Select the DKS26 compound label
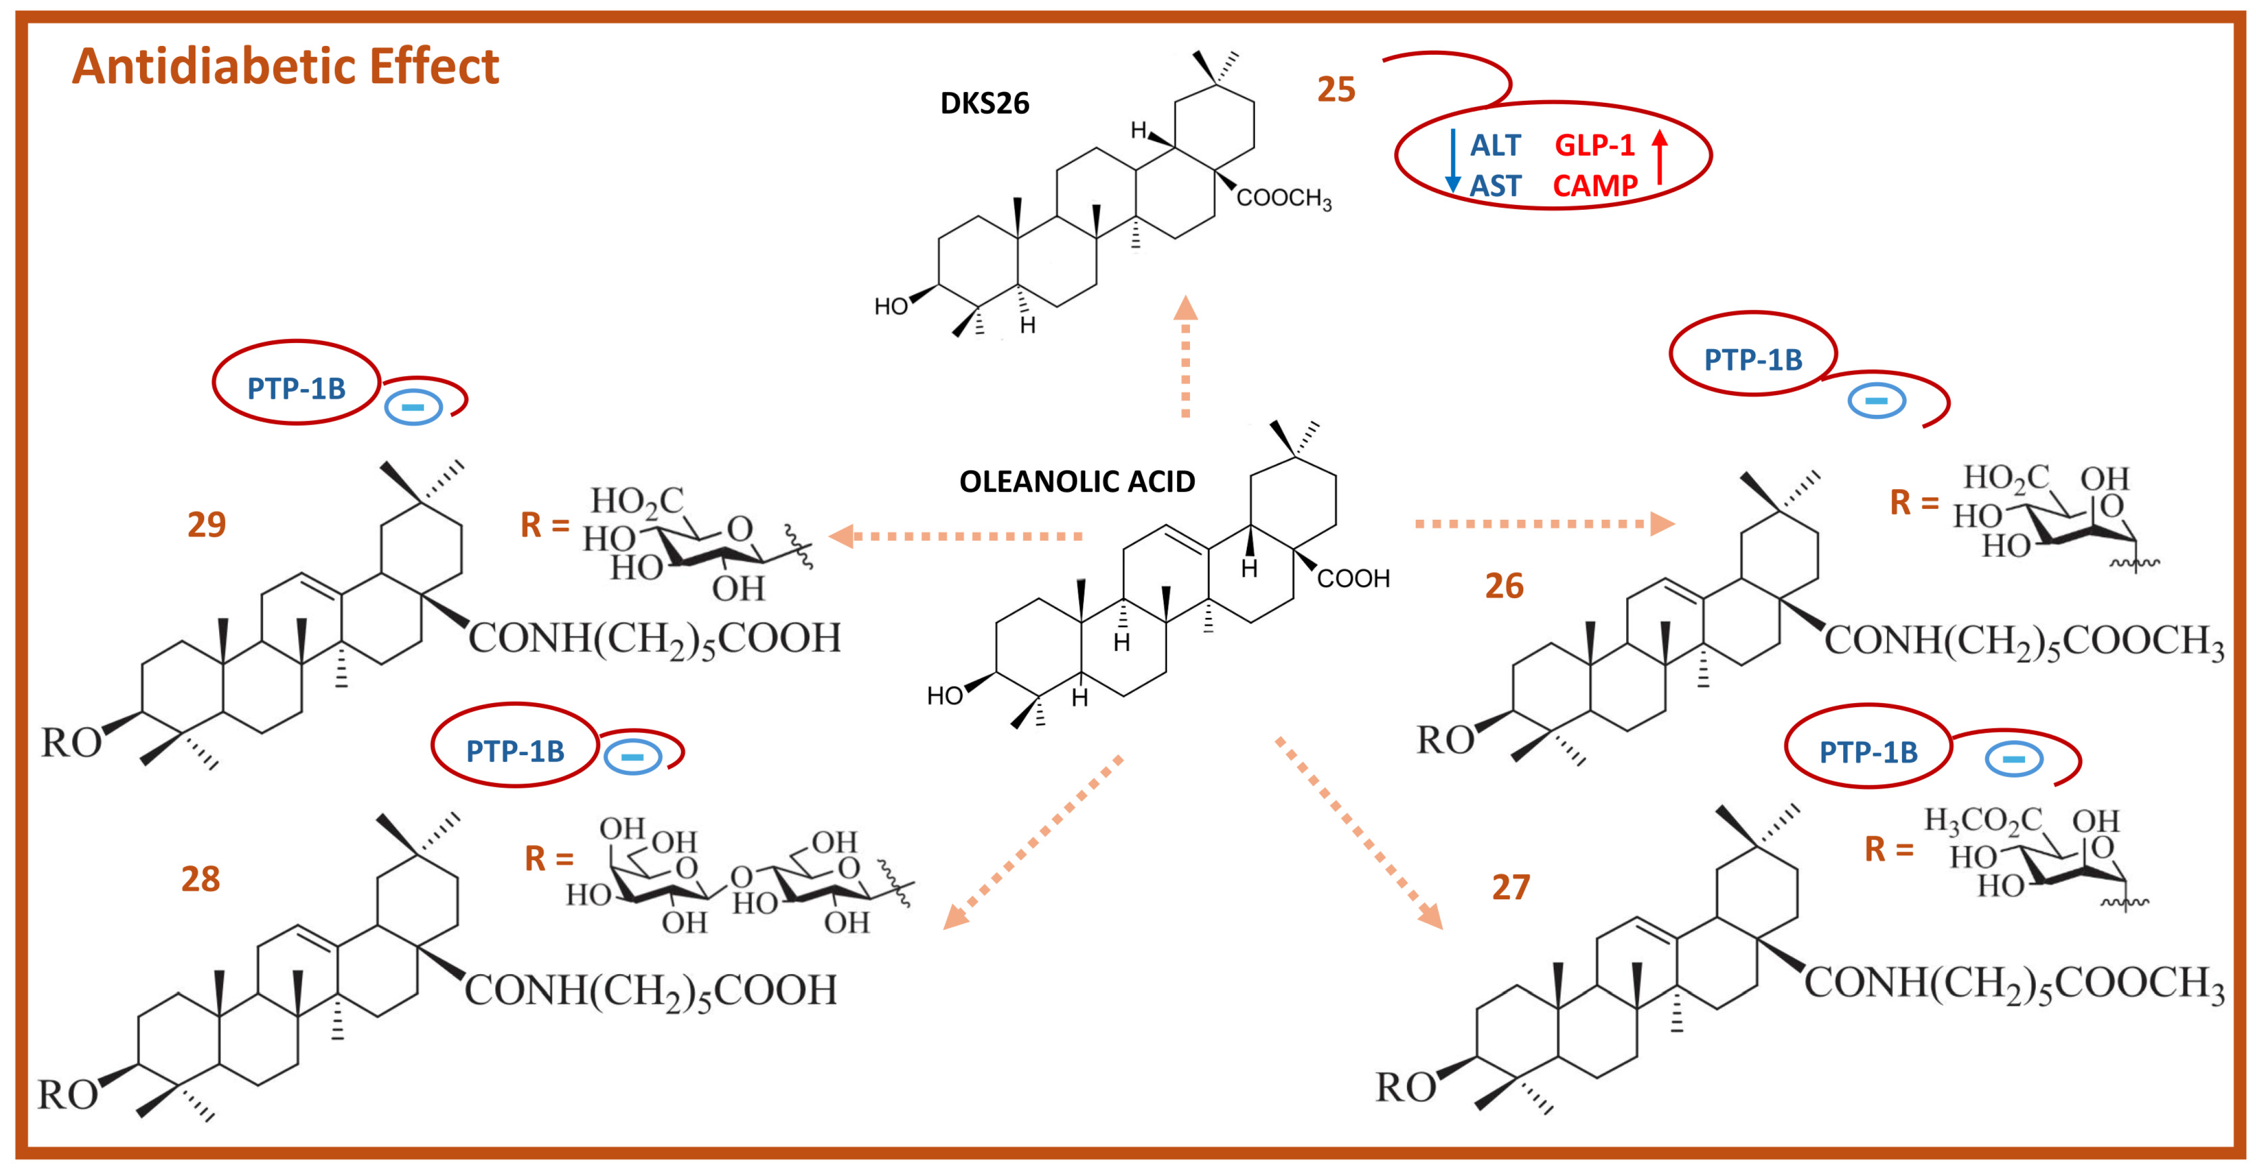(984, 103)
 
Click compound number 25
(1336, 89)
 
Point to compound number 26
(1504, 586)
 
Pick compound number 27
(1511, 887)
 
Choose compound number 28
(200, 879)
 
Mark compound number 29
(207, 524)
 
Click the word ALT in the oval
(1495, 145)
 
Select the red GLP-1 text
(1594, 145)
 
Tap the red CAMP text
(1595, 185)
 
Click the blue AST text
(1495, 185)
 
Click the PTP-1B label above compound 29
(296, 388)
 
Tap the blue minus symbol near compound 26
(1876, 401)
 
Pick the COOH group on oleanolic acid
(1353, 579)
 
